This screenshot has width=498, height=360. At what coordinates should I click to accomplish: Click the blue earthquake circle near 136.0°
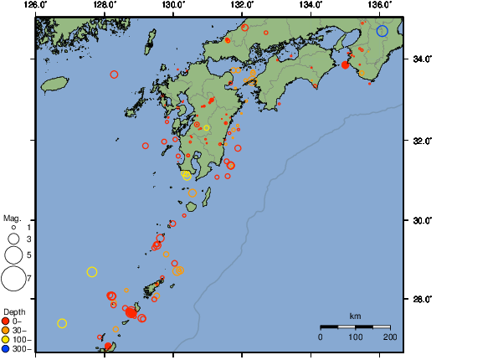click(x=382, y=31)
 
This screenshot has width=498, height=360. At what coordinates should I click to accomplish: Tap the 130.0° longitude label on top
click(x=172, y=5)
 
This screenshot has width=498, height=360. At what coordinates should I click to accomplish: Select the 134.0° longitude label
click(x=311, y=5)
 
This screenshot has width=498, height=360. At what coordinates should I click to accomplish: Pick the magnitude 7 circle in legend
click(x=13, y=276)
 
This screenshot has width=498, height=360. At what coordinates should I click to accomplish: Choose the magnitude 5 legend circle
click(x=13, y=254)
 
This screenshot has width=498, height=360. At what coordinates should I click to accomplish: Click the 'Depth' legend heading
click(x=14, y=311)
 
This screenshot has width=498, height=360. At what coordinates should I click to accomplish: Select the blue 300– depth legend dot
click(x=7, y=348)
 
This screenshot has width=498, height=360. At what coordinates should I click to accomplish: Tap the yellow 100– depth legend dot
click(x=7, y=339)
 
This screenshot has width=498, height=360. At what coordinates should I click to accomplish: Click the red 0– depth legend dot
click(x=7, y=321)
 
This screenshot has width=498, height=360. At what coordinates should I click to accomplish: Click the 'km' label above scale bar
click(x=355, y=316)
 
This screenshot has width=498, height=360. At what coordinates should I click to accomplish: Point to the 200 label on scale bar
click(x=389, y=337)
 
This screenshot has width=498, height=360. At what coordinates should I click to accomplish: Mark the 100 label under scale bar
click(x=355, y=337)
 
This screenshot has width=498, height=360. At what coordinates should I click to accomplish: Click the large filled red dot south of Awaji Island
click(x=345, y=65)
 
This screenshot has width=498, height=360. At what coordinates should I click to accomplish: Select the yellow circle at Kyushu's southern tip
click(x=187, y=175)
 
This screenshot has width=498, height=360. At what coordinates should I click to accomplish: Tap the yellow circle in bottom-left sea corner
click(x=62, y=323)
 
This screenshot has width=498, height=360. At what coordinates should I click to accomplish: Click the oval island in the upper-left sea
click(x=54, y=84)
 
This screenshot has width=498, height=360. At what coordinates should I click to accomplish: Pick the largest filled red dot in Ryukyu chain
click(x=131, y=312)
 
